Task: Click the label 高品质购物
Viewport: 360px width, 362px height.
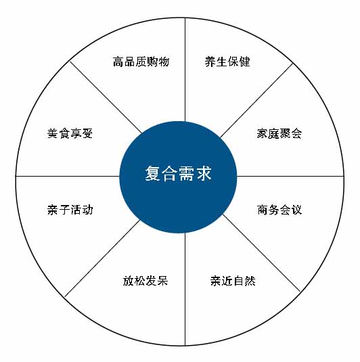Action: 141,62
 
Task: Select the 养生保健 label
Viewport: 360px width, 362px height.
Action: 227,62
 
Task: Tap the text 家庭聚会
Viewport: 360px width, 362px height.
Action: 279,133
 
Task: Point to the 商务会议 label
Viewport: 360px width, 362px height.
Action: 279,210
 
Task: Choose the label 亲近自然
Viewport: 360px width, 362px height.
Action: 233,281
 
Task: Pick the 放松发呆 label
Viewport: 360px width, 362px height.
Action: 145,281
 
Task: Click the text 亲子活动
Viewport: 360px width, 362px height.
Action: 70,210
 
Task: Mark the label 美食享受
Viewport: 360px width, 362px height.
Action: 70,133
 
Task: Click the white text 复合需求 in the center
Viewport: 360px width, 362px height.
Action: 178,173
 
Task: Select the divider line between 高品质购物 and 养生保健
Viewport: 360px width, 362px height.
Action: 185,70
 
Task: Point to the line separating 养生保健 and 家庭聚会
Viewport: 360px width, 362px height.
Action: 256,100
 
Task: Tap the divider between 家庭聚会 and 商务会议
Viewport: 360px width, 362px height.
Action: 290,176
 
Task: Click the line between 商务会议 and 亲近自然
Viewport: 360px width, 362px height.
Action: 261,253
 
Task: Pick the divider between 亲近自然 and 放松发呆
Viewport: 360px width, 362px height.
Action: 185,289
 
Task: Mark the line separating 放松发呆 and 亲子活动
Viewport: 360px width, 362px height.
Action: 103,258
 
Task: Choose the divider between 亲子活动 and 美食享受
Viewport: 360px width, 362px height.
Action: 68,176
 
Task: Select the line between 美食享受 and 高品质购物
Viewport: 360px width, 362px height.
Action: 106,97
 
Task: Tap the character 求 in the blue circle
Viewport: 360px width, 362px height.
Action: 204,173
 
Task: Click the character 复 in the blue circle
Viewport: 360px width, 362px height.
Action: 153,173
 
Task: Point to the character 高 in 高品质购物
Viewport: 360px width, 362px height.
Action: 118,62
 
